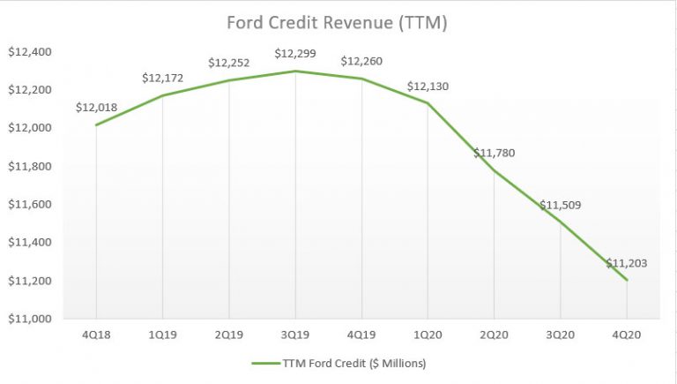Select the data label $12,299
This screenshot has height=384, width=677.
(295, 54)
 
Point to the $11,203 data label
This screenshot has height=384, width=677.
(627, 263)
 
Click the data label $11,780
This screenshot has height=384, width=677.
(494, 153)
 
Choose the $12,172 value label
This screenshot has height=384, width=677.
(162, 78)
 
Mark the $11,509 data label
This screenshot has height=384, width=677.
(561, 205)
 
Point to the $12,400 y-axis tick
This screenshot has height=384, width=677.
(30, 52)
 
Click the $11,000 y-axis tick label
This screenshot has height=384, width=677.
(30, 319)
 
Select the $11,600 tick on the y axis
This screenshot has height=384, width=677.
(30, 205)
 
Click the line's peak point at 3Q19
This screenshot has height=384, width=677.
(295, 72)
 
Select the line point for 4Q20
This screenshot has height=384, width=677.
(627, 280)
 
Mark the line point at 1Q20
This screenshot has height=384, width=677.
(428, 103)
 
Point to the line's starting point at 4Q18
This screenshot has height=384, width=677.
(96, 124)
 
